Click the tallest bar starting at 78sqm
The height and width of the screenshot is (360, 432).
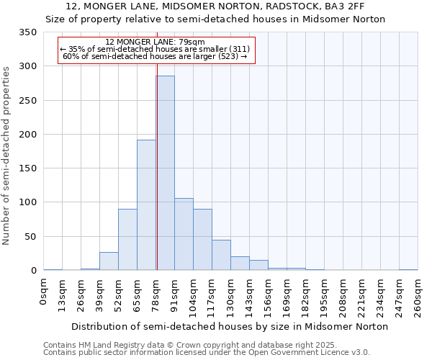(x=165, y=173)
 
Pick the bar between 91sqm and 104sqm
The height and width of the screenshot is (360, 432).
(x=184, y=234)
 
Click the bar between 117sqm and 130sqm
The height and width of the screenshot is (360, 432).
(x=221, y=255)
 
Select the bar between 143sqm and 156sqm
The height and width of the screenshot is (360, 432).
(x=258, y=265)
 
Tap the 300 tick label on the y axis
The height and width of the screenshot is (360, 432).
(x=29, y=66)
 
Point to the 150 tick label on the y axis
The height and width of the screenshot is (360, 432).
(x=29, y=168)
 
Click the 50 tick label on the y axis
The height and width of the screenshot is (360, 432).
(x=31, y=237)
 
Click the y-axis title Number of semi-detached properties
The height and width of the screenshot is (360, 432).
(x=6, y=155)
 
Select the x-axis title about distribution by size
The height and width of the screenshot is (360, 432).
(x=230, y=326)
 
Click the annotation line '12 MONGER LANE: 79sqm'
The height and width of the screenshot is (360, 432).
(x=156, y=42)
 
